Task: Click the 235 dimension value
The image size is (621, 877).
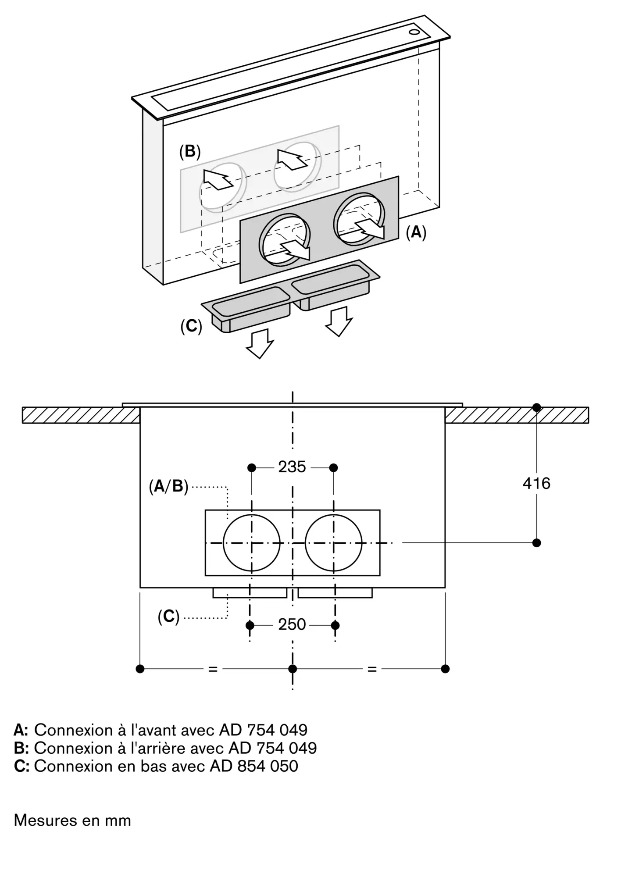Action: (x=292, y=467)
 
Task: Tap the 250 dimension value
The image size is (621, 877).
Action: (x=292, y=624)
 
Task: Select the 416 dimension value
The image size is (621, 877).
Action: (x=536, y=483)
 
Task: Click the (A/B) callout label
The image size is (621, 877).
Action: (x=168, y=486)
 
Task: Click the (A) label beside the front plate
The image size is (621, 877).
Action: (x=416, y=232)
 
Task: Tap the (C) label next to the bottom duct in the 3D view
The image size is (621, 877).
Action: (x=191, y=326)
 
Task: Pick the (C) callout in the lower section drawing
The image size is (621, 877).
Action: (x=169, y=617)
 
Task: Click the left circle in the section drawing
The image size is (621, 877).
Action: (x=251, y=543)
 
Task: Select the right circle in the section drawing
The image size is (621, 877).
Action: (x=334, y=543)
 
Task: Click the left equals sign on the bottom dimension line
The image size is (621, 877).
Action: (x=213, y=669)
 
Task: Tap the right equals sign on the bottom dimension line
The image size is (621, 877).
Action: (x=372, y=669)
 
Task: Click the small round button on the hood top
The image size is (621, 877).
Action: (x=414, y=32)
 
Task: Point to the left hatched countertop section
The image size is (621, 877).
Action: (x=81, y=415)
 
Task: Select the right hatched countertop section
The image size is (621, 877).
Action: (x=517, y=415)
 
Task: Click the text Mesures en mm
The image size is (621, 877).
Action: (x=72, y=820)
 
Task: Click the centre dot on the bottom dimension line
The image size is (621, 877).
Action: (x=293, y=669)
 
